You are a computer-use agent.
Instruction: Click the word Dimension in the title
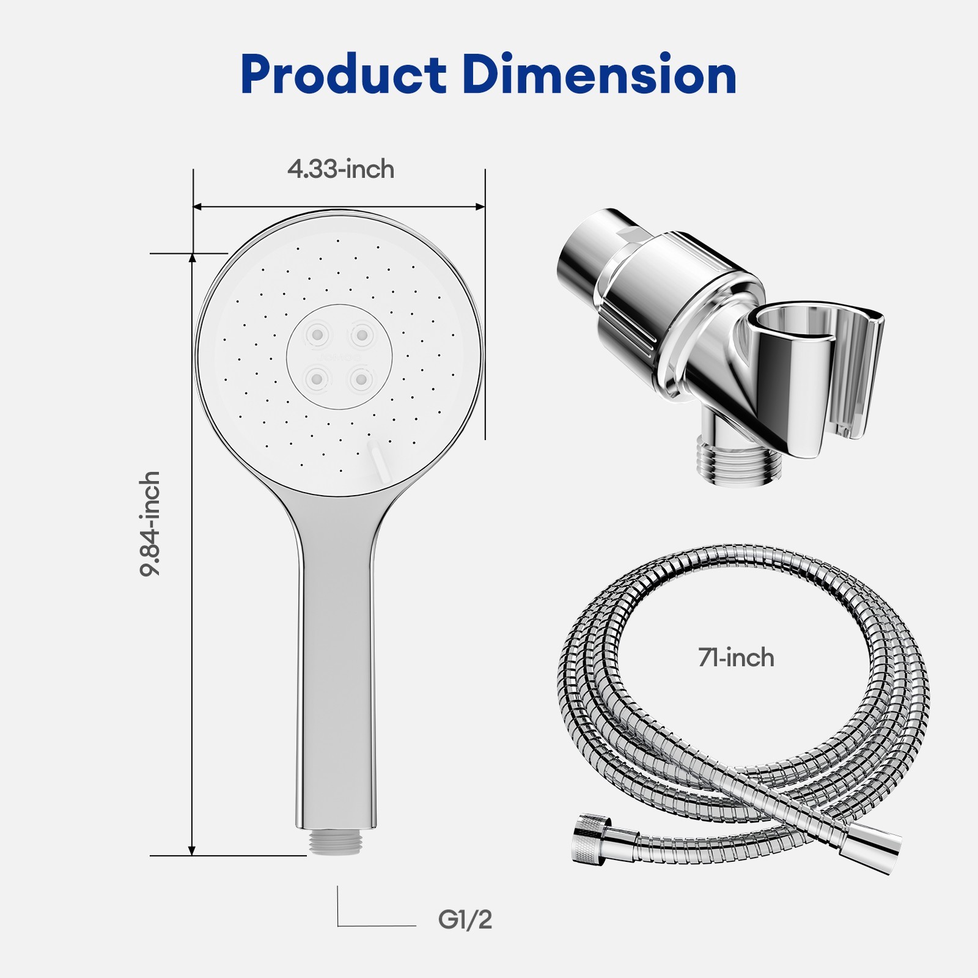tap(599, 75)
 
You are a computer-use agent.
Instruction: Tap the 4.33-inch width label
tap(340, 169)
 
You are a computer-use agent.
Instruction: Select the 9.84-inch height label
tap(150, 523)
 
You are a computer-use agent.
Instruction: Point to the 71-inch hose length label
tap(736, 658)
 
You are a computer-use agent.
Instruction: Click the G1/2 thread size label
tap(465, 919)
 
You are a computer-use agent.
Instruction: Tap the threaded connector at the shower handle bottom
tap(337, 842)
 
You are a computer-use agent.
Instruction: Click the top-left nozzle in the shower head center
tap(317, 334)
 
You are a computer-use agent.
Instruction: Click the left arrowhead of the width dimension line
tap(197, 207)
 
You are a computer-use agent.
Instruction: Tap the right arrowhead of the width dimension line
tap(481, 207)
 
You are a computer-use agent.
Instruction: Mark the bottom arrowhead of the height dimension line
tap(192, 850)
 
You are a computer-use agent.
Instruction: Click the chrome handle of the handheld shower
tap(337, 672)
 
